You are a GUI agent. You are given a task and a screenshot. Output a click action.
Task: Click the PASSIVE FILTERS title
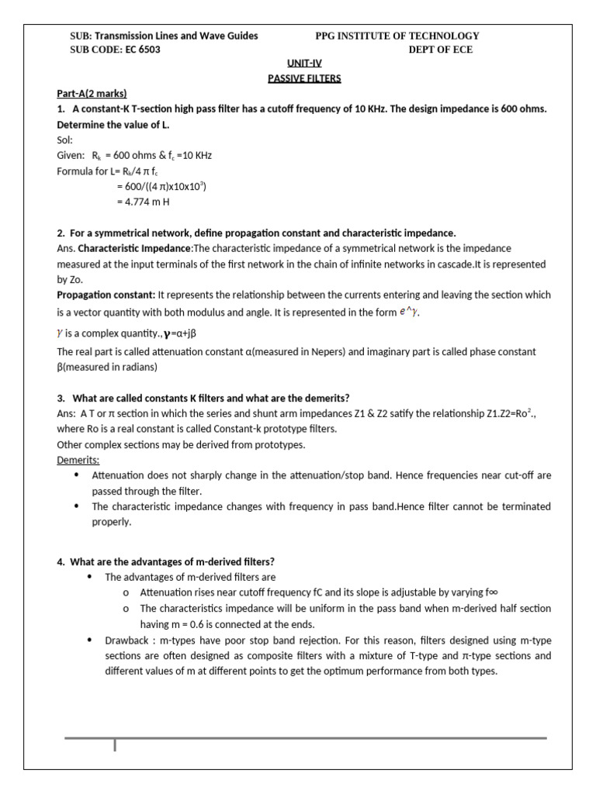tap(304, 78)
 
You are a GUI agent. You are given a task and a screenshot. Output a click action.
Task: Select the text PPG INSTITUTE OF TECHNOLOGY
tap(397, 36)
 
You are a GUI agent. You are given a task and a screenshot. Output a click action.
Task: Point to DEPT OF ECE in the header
tap(440, 50)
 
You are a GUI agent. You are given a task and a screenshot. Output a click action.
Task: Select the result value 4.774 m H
tap(143, 202)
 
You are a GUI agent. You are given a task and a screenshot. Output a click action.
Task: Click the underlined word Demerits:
tap(78, 460)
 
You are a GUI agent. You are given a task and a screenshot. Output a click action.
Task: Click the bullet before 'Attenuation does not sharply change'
tap(76, 475)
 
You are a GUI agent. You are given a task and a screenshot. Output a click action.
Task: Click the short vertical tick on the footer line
tap(116, 745)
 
